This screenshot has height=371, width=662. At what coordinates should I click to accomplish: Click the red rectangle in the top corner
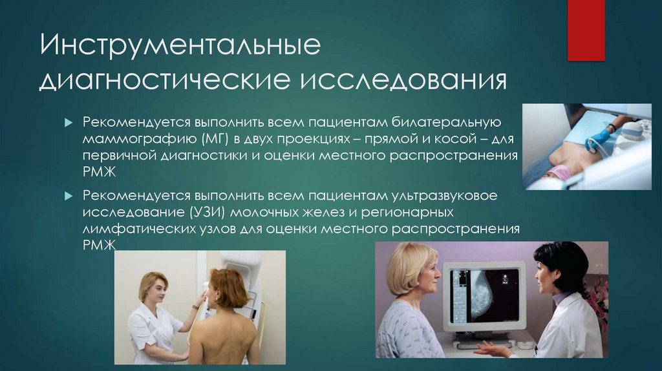pyautogui.click(x=586, y=30)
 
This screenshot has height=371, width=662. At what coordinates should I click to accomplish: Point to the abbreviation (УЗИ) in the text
pyautogui.click(x=190, y=212)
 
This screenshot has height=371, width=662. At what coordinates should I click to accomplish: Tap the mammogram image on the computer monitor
pyautogui.click(x=490, y=293)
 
